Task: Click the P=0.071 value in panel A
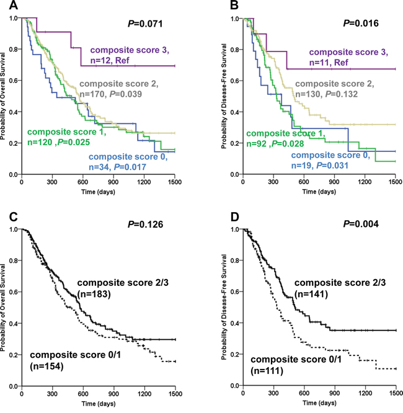click(144, 26)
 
